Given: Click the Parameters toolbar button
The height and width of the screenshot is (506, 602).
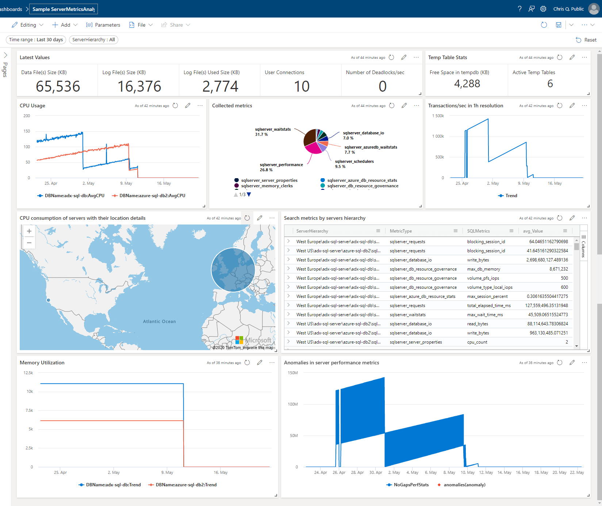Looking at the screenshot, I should pos(103,25).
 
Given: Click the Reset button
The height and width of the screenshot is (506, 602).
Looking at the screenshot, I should pos(586,40).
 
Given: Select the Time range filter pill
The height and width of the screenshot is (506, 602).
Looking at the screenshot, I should pos(36,40).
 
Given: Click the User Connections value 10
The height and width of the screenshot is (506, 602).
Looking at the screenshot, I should pos(302,87).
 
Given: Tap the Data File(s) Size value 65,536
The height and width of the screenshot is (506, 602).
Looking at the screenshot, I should pos(58,87).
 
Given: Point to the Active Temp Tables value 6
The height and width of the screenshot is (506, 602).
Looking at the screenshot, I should pos(550,84).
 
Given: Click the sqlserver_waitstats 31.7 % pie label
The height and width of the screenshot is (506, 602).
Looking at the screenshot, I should pos(272,132).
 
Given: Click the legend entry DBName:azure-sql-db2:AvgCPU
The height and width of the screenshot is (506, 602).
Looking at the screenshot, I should pos(152,196).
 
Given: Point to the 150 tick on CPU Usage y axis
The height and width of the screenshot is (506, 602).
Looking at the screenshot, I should pos(27,131).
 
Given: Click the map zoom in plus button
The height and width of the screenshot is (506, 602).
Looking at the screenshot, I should pos(29,231).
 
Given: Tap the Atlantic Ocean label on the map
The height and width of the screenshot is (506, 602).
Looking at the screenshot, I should pos(159,322).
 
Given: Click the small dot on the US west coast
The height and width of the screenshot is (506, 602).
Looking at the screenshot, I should pos(49,300).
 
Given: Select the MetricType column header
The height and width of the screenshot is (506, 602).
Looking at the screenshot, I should pos(400,231).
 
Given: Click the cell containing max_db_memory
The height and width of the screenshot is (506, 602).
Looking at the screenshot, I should pos(483,269).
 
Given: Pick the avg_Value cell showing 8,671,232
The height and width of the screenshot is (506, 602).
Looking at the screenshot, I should pos(558,269).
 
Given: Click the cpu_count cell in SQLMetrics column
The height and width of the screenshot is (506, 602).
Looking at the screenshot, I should pos(477,342).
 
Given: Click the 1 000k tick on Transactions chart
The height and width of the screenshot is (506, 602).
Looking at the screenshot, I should pos(438,136).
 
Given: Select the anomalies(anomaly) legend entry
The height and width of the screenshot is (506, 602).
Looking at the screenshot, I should pos(464,485).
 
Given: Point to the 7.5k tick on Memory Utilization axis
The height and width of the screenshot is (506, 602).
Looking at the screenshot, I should pos(29,410).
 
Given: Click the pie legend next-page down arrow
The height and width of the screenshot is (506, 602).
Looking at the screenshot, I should pos(249,195).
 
